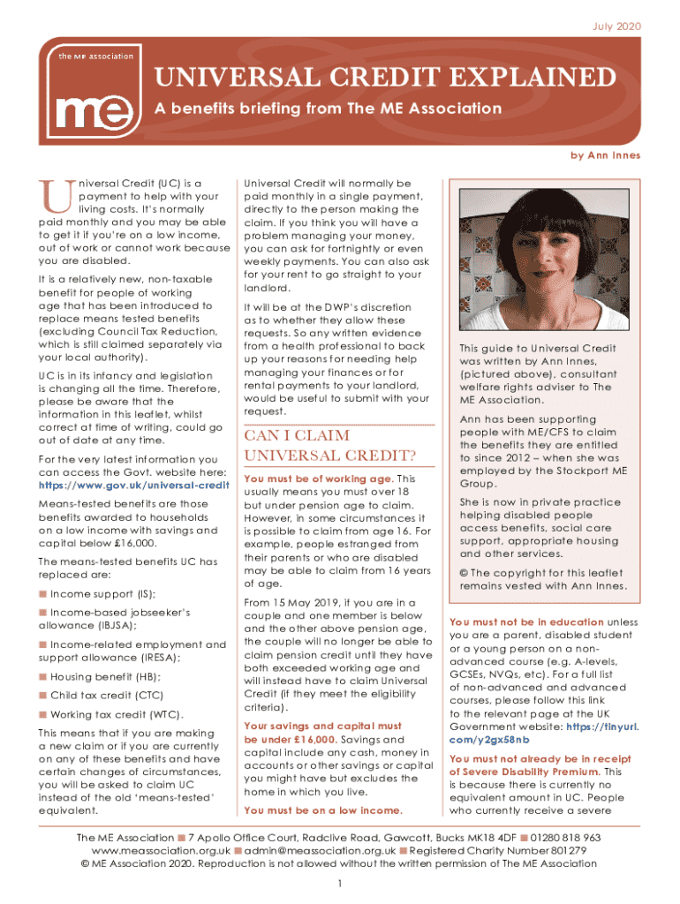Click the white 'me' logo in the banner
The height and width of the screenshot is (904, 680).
tap(86, 110)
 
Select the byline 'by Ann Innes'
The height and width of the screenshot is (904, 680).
tap(605, 155)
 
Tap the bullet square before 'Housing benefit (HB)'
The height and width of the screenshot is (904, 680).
tap(43, 676)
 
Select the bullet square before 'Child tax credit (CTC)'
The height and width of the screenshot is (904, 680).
tap(43, 696)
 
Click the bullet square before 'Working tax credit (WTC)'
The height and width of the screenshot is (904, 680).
tap(43, 714)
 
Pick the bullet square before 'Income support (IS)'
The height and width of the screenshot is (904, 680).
tap(43, 593)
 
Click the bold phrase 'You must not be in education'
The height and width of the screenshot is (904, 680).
tap(526, 621)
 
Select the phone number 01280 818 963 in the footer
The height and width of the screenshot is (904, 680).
tap(565, 837)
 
